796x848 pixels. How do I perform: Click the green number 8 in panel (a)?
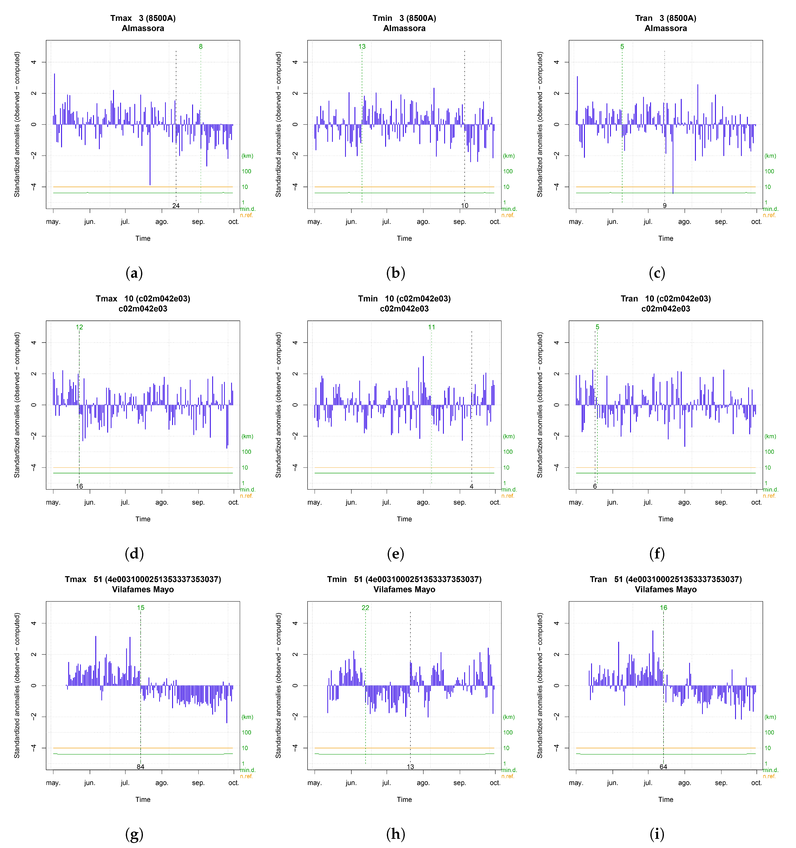pyautogui.click(x=201, y=47)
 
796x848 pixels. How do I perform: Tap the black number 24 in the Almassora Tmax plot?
pyautogui.click(x=176, y=206)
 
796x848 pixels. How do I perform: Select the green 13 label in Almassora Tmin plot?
pyautogui.click(x=362, y=47)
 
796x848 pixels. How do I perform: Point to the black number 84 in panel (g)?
pyautogui.click(x=140, y=766)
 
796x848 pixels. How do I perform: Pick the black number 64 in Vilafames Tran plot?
pyautogui.click(x=663, y=766)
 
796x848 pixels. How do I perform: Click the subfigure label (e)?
pyautogui.click(x=395, y=554)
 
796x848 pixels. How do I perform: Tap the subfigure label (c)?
pyautogui.click(x=657, y=273)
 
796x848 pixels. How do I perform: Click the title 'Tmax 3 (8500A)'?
pyautogui.click(x=143, y=18)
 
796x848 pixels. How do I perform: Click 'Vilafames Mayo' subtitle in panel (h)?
pyautogui.click(x=404, y=590)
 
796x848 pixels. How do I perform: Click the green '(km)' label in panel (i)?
pyautogui.click(x=770, y=717)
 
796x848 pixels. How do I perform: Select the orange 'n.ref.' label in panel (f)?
pyautogui.click(x=769, y=496)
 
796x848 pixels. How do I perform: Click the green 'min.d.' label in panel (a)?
pyautogui.click(x=247, y=209)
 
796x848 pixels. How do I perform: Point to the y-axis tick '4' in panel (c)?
pyautogui.click(x=556, y=62)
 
